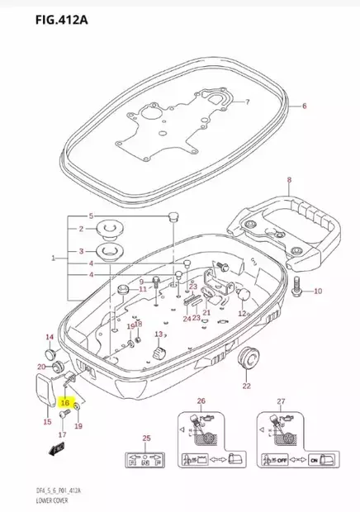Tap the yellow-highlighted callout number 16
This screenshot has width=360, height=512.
(x=64, y=402)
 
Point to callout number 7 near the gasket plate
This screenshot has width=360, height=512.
(x=245, y=102)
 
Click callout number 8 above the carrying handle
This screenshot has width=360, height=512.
(x=289, y=179)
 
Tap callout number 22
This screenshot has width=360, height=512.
(x=246, y=386)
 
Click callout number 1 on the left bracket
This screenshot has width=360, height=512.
(x=53, y=258)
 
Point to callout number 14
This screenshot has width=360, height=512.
(x=49, y=337)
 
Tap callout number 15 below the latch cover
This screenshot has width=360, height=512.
(x=47, y=422)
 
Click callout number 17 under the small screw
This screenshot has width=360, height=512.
(x=62, y=434)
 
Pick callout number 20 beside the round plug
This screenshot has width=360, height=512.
(x=40, y=367)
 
